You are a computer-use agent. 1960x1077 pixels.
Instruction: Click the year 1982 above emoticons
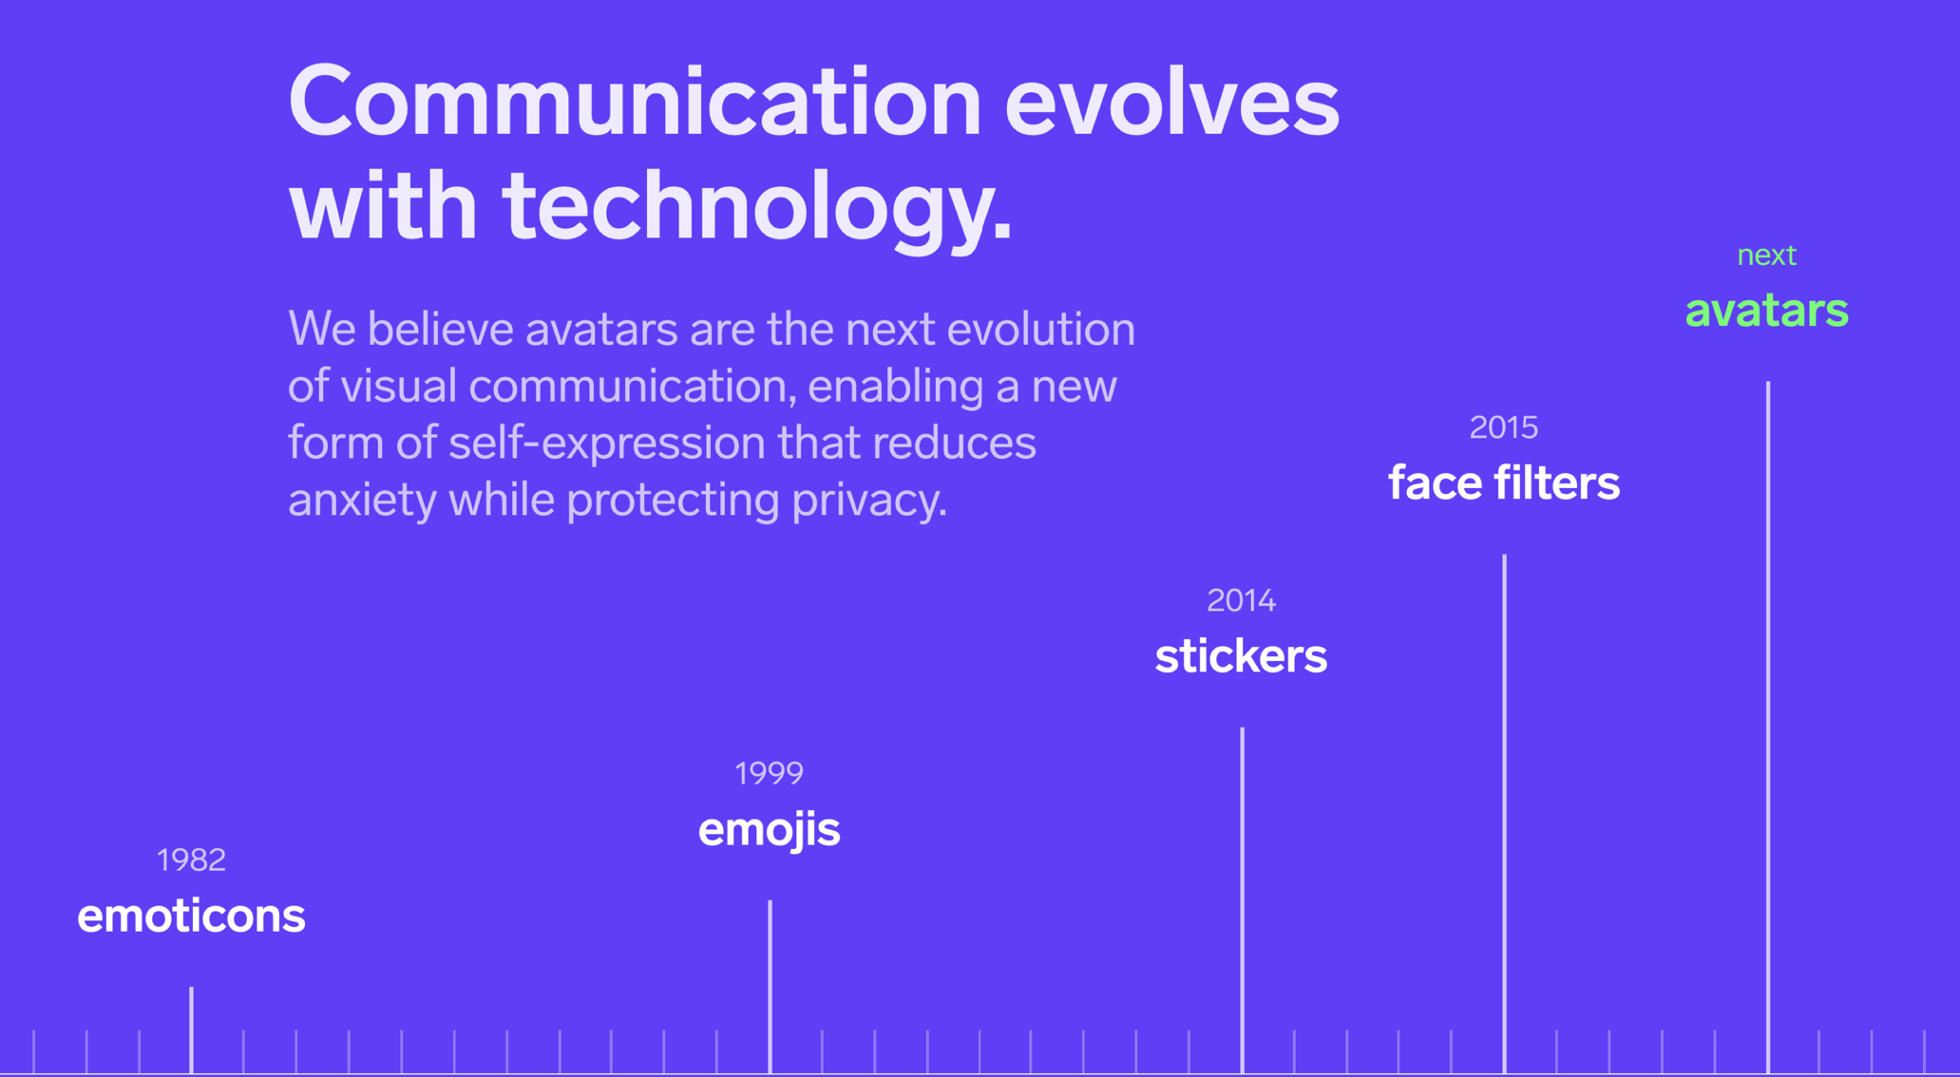click(191, 860)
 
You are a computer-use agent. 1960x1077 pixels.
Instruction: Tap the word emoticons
click(191, 916)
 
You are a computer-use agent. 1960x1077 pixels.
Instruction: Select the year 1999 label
click(769, 774)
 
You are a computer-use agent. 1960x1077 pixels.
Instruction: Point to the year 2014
click(1241, 601)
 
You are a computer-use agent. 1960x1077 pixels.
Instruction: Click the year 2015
click(1504, 428)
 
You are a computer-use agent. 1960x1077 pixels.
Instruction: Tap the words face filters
click(1504, 483)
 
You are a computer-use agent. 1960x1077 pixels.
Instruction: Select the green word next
click(1766, 256)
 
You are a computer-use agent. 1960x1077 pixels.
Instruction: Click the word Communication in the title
click(635, 102)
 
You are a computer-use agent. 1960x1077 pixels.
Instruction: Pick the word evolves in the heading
click(1171, 103)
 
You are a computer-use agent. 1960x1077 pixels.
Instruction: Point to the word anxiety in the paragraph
click(362, 501)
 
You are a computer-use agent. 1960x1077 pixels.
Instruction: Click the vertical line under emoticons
click(191, 1030)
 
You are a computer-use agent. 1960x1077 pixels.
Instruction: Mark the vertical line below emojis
click(770, 987)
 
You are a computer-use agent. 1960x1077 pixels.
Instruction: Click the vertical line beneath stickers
click(1242, 900)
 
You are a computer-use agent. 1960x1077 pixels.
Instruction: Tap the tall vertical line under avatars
click(1767, 727)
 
